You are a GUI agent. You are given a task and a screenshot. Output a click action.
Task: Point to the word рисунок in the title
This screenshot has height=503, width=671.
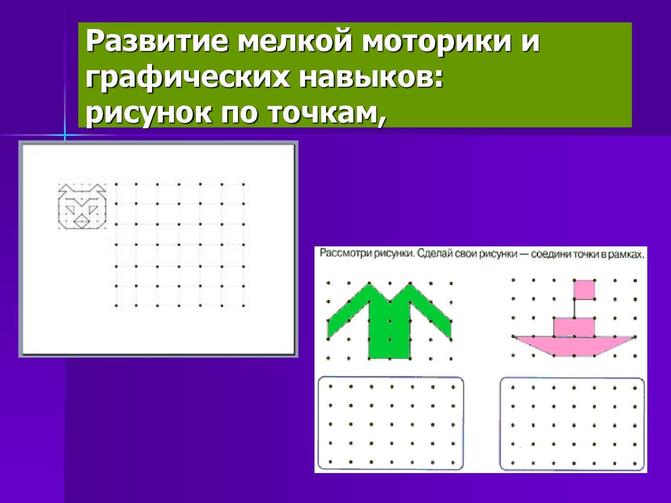(x=149, y=114)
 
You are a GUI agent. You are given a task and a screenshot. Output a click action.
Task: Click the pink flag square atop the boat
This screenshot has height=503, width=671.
(x=584, y=290)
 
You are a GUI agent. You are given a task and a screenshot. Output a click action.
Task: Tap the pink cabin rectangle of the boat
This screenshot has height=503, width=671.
(x=574, y=327)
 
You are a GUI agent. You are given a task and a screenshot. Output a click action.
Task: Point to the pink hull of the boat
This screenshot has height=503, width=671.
(x=574, y=346)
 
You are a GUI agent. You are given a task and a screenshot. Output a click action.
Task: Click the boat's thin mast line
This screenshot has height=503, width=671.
(x=574, y=309)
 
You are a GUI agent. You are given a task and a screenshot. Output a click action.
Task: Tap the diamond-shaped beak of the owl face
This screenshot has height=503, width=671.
(x=82, y=222)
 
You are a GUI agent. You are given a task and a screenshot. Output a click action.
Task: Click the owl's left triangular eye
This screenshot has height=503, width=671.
(x=71, y=210)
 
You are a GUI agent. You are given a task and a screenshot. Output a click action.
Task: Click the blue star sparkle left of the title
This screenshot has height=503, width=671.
(x=65, y=135)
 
